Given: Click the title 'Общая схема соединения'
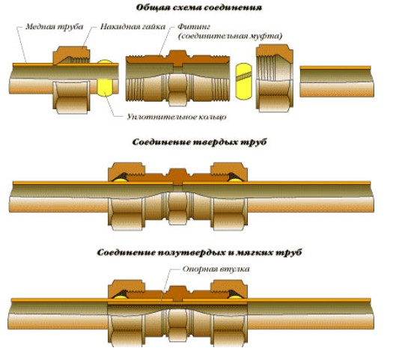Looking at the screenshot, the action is pyautogui.click(x=199, y=7).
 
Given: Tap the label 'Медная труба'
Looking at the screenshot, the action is pyautogui.click(x=55, y=27).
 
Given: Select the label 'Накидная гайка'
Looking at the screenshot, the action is pyautogui.click(x=133, y=27).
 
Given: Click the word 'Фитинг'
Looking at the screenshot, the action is pyautogui.click(x=194, y=27).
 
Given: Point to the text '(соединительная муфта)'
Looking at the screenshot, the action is pyautogui.click(x=230, y=36).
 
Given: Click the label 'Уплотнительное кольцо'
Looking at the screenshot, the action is pyautogui.click(x=177, y=117).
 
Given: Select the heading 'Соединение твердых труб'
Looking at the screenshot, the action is pyautogui.click(x=199, y=142).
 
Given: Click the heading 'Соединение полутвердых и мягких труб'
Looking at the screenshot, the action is pyautogui.click(x=199, y=252).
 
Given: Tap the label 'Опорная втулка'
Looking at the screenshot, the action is pyautogui.click(x=216, y=269).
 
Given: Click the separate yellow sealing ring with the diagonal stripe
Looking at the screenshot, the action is pyautogui.click(x=243, y=81).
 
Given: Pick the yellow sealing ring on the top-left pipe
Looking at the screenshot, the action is pyautogui.click(x=105, y=78).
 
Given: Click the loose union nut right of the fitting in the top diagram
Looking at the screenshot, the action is pyautogui.click(x=274, y=78).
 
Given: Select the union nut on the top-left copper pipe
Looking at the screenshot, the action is pyautogui.click(x=72, y=80).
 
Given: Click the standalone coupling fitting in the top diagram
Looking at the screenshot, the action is pyautogui.click(x=177, y=78).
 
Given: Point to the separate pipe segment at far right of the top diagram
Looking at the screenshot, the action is pyautogui.click(x=337, y=82).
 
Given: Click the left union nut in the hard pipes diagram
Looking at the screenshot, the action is pyautogui.click(x=127, y=196).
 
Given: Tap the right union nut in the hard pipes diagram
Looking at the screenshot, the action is pyautogui.click(x=229, y=196).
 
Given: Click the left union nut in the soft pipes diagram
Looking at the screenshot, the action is pyautogui.click(x=127, y=314).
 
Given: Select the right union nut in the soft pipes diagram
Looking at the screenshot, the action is pyautogui.click(x=229, y=314).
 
